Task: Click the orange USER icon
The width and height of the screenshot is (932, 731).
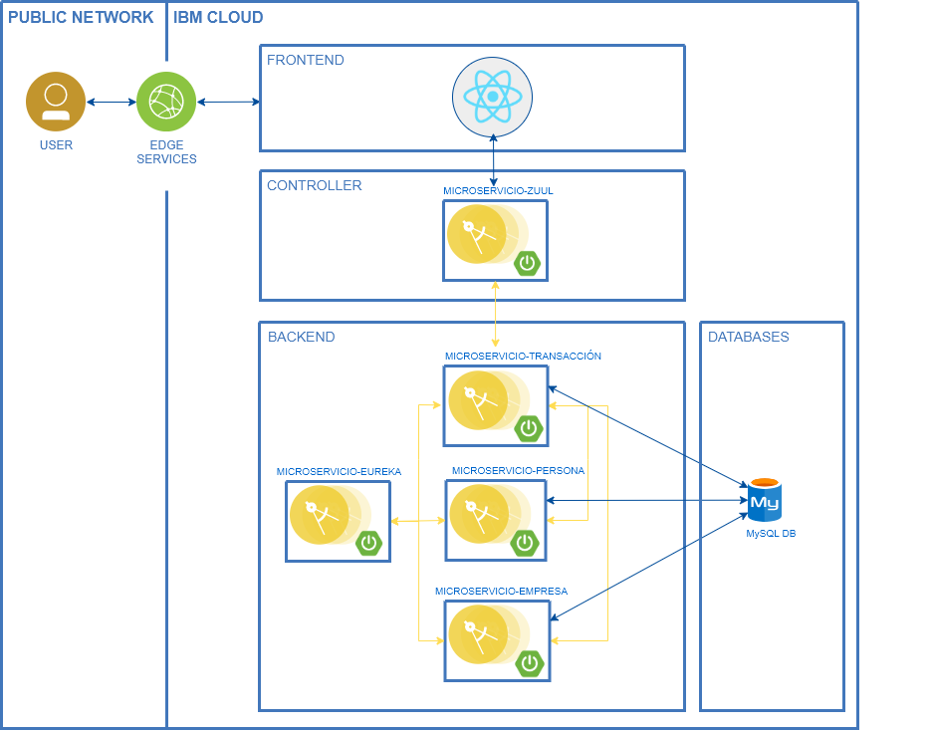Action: point(56,102)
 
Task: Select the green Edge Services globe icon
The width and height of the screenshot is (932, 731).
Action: point(166,102)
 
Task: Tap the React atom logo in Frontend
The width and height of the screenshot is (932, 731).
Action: point(493,96)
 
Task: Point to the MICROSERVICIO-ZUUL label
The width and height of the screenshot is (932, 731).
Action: point(498,189)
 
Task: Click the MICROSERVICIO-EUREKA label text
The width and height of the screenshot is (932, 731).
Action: point(339,472)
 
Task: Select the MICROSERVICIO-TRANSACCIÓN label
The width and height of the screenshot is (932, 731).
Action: point(523,356)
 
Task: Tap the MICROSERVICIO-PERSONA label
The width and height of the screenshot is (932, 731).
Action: point(518,470)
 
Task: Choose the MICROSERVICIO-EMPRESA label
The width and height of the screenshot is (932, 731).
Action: point(501,591)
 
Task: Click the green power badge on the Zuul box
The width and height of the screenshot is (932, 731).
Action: point(528,264)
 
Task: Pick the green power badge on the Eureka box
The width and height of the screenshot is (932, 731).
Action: point(369,543)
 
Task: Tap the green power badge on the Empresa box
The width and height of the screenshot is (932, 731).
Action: point(530,662)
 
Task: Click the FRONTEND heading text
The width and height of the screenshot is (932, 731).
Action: point(306,60)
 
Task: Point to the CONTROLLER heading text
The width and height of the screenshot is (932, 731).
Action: point(315,185)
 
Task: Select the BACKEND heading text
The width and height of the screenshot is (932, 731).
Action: point(302,337)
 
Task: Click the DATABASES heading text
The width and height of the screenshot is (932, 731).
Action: point(748,337)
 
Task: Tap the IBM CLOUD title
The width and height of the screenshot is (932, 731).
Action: point(218,17)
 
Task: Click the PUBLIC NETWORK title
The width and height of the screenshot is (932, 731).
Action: point(81,17)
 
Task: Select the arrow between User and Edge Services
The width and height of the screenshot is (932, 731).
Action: point(111,102)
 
